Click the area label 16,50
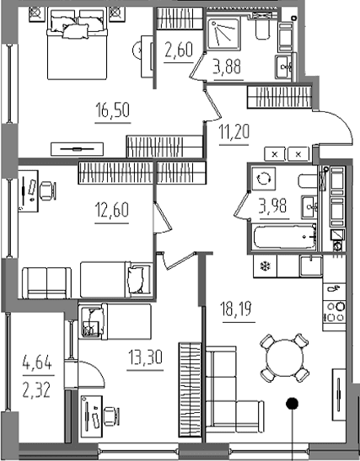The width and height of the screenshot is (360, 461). pos(113,110)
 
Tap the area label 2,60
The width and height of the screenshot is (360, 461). pos(179,50)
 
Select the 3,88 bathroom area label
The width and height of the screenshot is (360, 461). pos(228,67)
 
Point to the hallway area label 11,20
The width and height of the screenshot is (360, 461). pos(234,131)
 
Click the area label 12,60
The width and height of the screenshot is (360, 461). pos(112,210)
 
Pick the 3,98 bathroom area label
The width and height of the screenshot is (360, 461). pos(273,206)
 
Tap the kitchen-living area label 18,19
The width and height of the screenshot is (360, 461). pos(237,308)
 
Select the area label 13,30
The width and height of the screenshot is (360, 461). pos(145,357)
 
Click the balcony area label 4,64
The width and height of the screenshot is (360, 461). pos(37,362)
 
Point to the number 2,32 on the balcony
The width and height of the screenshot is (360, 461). pos(37,390)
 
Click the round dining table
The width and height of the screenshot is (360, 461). pos(284,358)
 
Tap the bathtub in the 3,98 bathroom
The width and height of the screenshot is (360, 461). pos(285,236)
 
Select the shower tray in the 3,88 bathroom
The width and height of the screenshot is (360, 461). pos(223,34)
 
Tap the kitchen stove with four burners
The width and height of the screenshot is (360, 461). pos(335,312)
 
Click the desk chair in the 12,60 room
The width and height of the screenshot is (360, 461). pos(48,191)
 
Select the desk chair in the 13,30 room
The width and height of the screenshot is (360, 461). pos(112,415)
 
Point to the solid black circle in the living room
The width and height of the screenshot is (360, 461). pos(292,404)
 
